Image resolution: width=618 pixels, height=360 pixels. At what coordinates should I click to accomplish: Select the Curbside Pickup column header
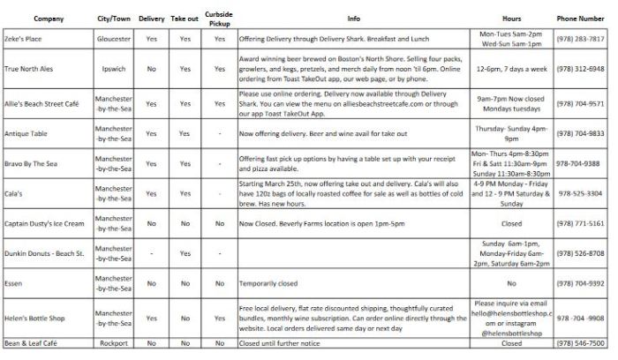click(218, 18)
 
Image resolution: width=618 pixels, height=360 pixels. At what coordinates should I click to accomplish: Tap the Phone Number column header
click(580, 18)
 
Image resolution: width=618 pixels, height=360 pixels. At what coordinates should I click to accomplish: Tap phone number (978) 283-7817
click(580, 39)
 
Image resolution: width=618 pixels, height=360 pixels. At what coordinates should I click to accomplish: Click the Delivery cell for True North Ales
click(152, 68)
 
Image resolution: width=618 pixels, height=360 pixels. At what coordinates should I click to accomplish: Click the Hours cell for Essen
click(511, 284)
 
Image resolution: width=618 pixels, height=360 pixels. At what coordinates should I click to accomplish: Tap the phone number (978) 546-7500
click(580, 344)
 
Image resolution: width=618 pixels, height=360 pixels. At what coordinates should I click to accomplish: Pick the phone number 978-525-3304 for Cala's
click(580, 193)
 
